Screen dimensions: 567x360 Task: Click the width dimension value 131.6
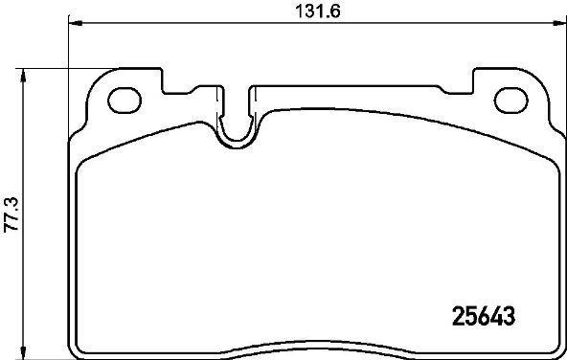pos(318,11)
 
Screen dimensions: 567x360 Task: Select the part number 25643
pos(484,316)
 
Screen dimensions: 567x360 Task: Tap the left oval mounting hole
pos(125,101)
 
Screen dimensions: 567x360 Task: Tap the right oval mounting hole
pos(511,101)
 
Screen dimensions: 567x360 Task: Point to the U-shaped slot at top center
pos(237,140)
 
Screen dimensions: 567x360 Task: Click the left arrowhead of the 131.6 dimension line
pos(76,23)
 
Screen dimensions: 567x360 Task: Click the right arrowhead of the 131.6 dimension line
pos(559,23)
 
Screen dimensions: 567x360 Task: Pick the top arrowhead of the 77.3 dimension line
pos(23,76)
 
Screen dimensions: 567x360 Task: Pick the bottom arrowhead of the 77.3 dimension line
pos(23,352)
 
